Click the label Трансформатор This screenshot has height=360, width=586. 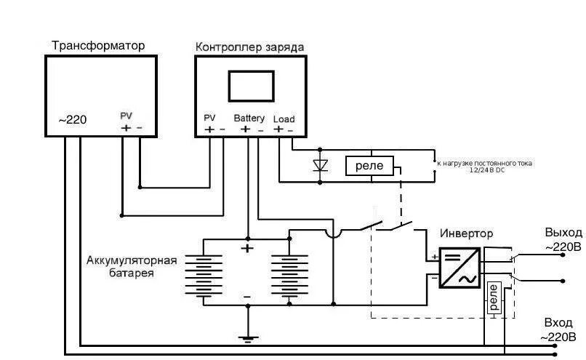(x=98, y=46)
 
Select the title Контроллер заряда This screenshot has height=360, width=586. (x=249, y=47)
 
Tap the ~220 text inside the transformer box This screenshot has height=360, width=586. (x=72, y=119)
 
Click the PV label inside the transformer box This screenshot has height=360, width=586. (x=127, y=116)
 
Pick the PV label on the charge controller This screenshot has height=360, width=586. (x=210, y=118)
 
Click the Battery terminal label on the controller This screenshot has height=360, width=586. (x=249, y=118)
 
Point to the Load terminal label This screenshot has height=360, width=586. (x=284, y=119)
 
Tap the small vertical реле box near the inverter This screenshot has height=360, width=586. (x=494, y=298)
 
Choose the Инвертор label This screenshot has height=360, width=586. (x=466, y=234)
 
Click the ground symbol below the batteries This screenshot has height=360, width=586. (x=248, y=337)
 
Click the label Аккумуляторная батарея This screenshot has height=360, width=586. (x=132, y=266)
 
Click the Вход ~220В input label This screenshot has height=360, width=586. (x=559, y=329)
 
